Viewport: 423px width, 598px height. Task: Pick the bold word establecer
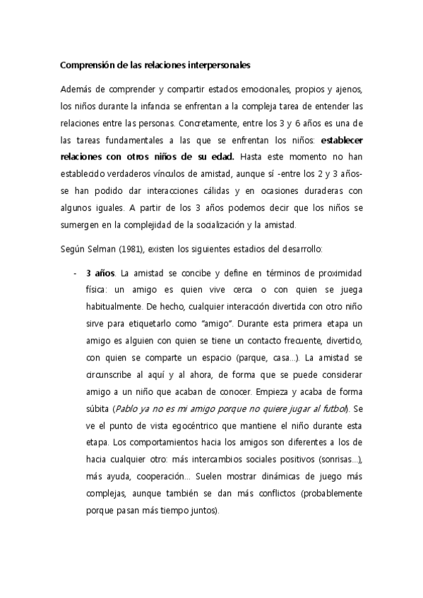[x=333, y=138]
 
